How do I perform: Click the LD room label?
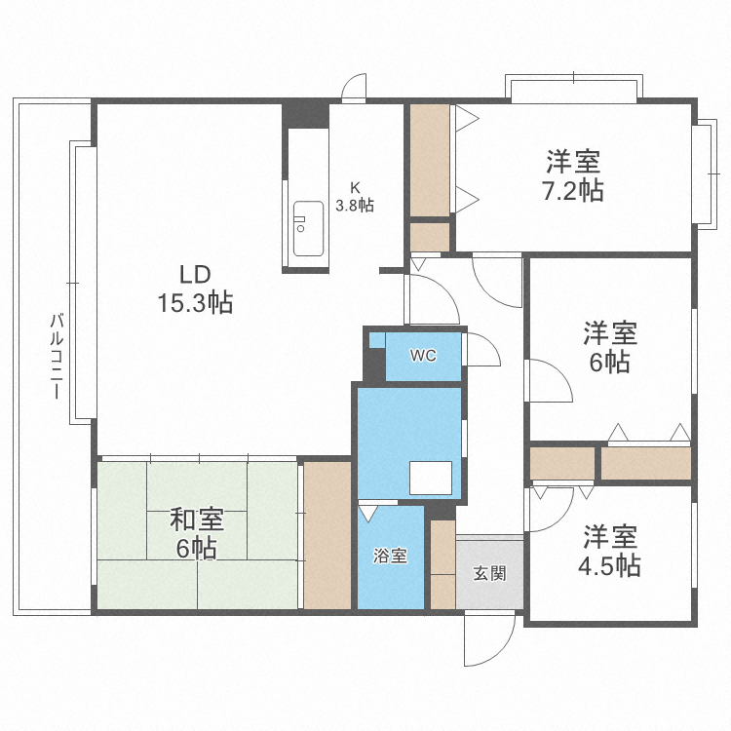point(194,273)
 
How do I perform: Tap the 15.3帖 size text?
point(194,303)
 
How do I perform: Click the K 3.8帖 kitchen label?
point(355,198)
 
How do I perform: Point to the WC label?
point(422,356)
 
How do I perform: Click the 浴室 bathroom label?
point(390,557)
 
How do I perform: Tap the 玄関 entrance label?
point(489,573)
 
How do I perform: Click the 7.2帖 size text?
point(572,190)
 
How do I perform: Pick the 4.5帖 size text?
point(611,566)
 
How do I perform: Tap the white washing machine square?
point(431,478)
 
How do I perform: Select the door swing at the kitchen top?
point(355,88)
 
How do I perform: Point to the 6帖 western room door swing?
point(548,380)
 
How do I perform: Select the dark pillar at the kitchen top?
point(305,113)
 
